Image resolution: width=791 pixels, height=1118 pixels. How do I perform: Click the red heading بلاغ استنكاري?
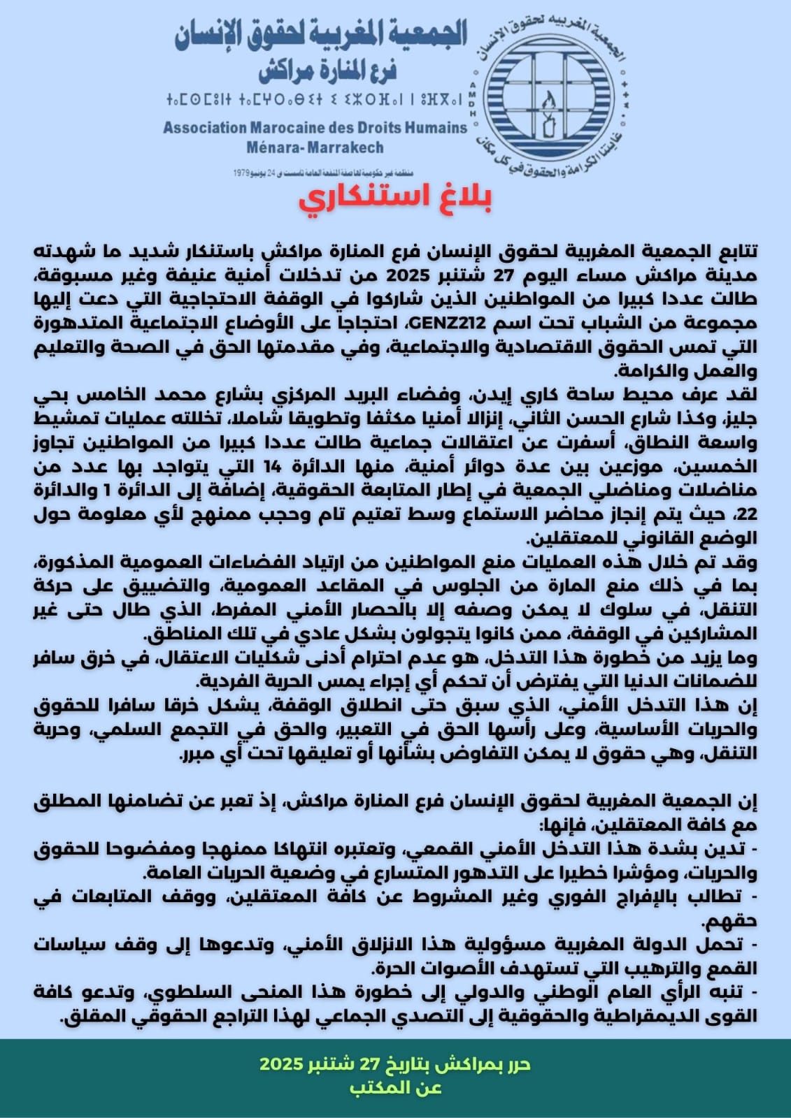click(395, 198)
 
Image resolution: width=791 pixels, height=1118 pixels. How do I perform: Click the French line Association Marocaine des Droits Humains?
click(315, 128)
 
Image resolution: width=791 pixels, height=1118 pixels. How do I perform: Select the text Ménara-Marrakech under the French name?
click(315, 148)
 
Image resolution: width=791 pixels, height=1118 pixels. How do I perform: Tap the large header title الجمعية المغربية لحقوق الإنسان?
click(321, 35)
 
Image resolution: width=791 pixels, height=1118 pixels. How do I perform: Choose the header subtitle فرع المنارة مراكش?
click(327, 70)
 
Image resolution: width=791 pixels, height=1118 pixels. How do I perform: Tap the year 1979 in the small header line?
click(243, 172)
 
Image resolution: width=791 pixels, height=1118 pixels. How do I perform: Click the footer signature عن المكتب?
click(396, 1087)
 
